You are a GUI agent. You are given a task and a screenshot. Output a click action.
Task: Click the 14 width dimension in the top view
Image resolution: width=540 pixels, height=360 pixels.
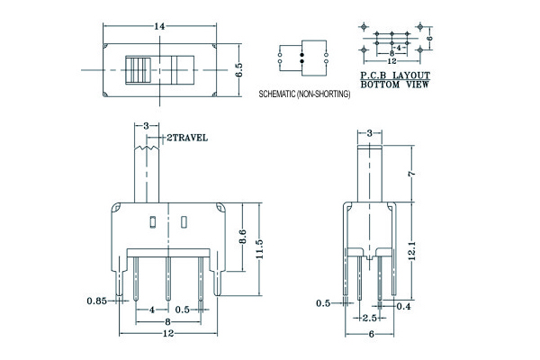click(x=159, y=26)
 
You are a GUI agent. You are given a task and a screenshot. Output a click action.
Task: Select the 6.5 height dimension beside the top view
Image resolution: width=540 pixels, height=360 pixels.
click(x=239, y=70)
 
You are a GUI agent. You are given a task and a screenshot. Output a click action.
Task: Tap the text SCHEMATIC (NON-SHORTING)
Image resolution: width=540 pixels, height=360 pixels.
click(x=304, y=94)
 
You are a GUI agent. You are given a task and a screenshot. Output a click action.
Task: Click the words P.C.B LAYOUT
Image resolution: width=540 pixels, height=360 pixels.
click(x=395, y=75)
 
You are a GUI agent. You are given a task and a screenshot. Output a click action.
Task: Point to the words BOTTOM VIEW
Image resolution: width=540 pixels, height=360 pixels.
click(x=395, y=85)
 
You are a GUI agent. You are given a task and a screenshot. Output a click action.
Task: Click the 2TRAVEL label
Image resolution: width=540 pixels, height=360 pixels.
click(x=187, y=138)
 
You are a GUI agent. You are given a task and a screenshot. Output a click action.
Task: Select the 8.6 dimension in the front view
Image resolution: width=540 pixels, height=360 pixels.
click(x=242, y=237)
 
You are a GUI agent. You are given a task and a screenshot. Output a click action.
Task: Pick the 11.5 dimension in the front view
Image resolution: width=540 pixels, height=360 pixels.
click(x=259, y=249)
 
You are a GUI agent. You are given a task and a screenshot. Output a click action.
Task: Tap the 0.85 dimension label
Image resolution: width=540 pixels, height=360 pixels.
click(x=97, y=301)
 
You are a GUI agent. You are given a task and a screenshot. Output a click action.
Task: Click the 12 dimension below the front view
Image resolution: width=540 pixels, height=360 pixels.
click(x=168, y=334)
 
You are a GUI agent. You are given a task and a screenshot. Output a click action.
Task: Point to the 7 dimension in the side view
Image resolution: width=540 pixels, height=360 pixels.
click(x=411, y=174)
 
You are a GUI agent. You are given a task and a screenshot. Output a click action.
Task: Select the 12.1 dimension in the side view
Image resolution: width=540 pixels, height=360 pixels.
click(x=412, y=250)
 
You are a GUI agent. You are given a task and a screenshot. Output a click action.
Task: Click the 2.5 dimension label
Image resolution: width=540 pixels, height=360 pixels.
click(x=370, y=318)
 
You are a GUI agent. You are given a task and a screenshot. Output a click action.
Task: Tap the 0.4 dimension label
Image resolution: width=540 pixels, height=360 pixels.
click(x=403, y=306)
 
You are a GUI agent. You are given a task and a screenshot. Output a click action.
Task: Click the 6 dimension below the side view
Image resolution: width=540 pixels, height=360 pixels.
click(x=371, y=334)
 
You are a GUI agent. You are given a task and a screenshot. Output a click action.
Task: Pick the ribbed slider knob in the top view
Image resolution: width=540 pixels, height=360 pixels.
click(x=138, y=70)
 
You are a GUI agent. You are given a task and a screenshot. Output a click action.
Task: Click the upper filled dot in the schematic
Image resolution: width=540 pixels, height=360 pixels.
click(x=302, y=55)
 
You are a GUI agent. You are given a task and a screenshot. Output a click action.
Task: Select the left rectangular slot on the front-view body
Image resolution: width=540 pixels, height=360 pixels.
click(x=153, y=222)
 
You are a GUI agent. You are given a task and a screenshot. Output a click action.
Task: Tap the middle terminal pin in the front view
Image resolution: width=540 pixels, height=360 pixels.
click(x=168, y=279)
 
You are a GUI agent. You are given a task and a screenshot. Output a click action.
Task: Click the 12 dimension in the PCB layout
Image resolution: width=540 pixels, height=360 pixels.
click(x=391, y=61)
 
